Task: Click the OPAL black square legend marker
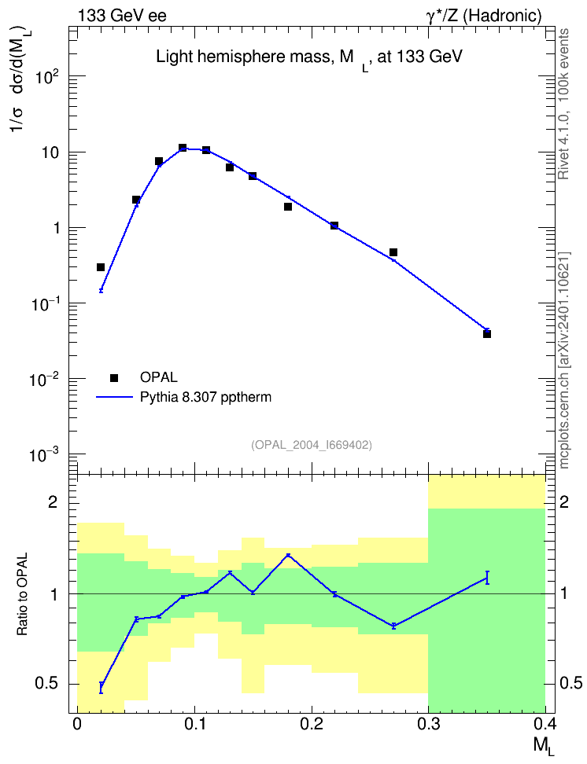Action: click(x=114, y=377)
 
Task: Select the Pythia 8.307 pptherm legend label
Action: click(x=205, y=397)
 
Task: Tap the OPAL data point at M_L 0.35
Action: click(x=487, y=334)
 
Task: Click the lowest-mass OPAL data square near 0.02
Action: click(x=101, y=267)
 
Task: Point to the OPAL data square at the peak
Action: click(x=183, y=148)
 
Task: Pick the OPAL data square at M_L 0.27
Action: click(x=393, y=252)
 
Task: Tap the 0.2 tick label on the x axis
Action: click(x=312, y=724)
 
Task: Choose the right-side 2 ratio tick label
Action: click(x=564, y=502)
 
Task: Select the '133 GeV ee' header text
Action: click(x=123, y=16)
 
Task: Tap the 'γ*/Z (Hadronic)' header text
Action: click(x=484, y=16)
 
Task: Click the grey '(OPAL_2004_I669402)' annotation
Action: click(x=312, y=445)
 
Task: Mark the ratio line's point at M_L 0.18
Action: click(x=288, y=555)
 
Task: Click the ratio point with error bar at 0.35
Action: click(x=487, y=578)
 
